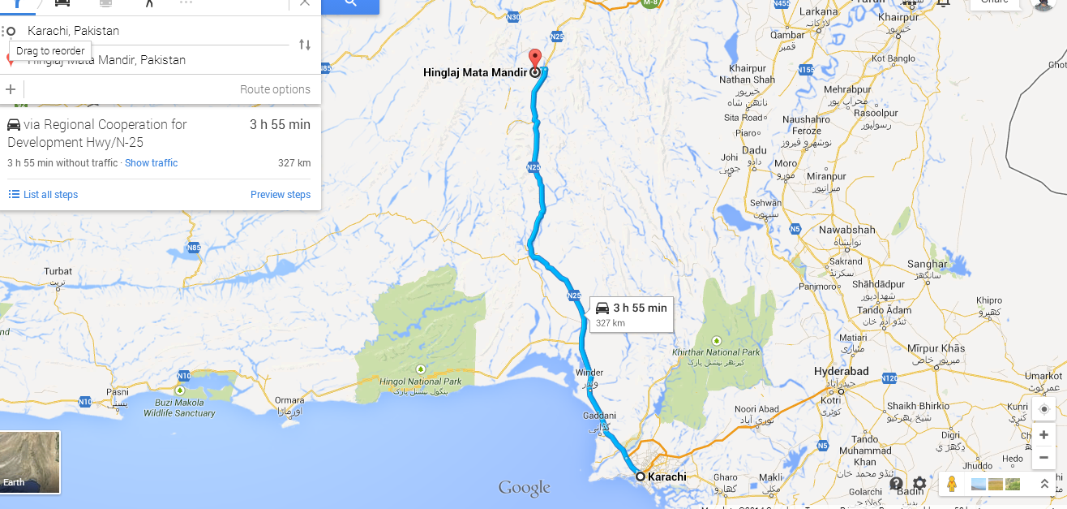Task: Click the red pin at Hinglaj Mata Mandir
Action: pyautogui.click(x=534, y=58)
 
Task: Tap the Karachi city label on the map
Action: pyautogui.click(x=666, y=477)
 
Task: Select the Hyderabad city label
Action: pyautogui.click(x=841, y=372)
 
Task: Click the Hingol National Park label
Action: pyautogui.click(x=421, y=382)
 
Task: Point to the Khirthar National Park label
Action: pyautogui.click(x=717, y=352)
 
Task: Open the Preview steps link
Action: pyautogui.click(x=281, y=195)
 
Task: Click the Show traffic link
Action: pyautogui.click(x=151, y=163)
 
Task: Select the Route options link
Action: pyautogui.click(x=275, y=89)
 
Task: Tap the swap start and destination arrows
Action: pyautogui.click(x=305, y=45)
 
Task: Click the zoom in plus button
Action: pyautogui.click(x=1043, y=435)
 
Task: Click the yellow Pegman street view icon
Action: pyautogui.click(x=952, y=485)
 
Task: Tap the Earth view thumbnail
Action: pyautogui.click(x=30, y=462)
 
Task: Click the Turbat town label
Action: pyautogui.click(x=58, y=271)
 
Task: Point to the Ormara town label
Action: pyautogui.click(x=289, y=399)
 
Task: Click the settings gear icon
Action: pyautogui.click(x=919, y=484)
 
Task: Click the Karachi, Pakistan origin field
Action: pyautogui.click(x=154, y=31)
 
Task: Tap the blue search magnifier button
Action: pyautogui.click(x=350, y=4)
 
